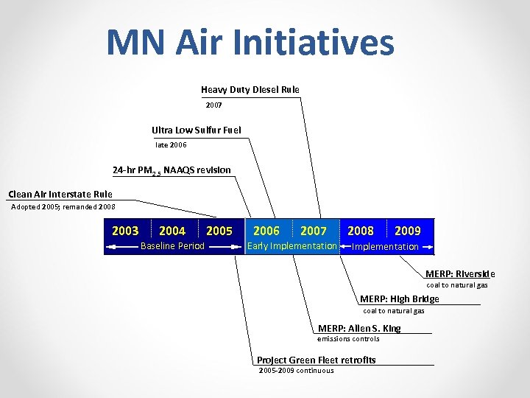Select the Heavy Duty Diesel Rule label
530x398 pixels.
coord(250,90)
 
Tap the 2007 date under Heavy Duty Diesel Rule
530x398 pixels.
coord(213,105)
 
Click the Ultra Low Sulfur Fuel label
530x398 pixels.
coord(196,130)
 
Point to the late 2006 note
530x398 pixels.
coord(171,145)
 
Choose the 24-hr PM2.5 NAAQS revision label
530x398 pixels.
coord(172,170)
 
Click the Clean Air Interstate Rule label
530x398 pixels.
coord(60,195)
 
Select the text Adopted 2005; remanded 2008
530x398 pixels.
coord(63,207)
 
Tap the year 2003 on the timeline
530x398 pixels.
coord(125,231)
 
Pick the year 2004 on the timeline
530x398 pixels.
coord(172,231)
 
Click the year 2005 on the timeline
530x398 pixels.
coord(219,231)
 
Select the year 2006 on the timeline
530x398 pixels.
coord(266,231)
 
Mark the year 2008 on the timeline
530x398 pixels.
coord(361,231)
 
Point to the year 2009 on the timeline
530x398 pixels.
coord(408,231)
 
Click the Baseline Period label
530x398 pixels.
coord(172,246)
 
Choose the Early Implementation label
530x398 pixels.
coord(292,246)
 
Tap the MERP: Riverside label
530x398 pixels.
coord(460,273)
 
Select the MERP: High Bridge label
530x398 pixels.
coord(399,299)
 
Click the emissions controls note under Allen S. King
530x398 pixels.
coord(348,339)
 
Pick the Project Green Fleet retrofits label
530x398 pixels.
coord(316,360)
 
